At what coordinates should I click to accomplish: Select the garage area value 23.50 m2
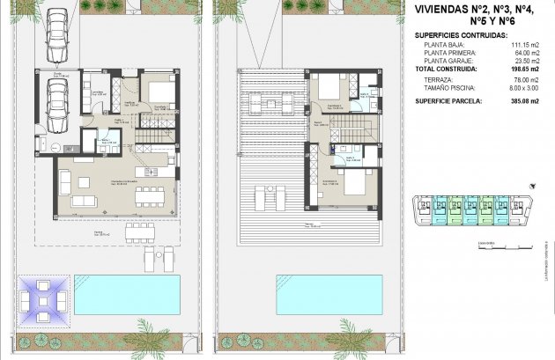pos(523,59)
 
